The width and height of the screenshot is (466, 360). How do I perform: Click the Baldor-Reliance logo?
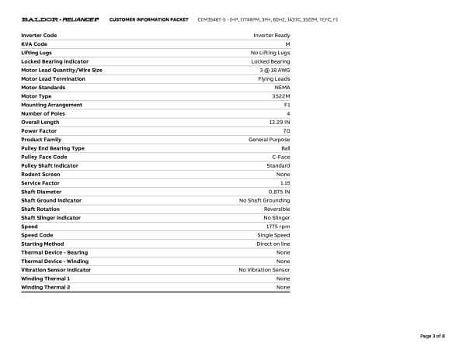(60, 19)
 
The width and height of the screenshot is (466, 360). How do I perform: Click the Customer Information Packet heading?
(149, 19)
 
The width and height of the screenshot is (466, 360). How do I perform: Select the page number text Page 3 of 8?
(432, 336)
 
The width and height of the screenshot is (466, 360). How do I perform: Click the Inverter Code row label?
(39, 36)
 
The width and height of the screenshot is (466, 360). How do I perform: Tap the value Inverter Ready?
(272, 36)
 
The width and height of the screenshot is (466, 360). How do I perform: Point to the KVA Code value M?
(287, 44)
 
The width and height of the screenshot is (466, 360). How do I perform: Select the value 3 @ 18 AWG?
(275, 70)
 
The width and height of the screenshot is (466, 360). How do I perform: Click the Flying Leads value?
(274, 79)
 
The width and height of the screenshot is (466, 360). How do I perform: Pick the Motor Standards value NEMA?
(283, 88)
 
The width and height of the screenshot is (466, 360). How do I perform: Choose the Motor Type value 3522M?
(281, 96)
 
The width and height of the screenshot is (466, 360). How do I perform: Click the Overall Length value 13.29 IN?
(279, 123)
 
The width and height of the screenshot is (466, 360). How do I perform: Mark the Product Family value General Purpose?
(269, 140)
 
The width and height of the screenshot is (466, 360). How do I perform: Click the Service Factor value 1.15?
(285, 183)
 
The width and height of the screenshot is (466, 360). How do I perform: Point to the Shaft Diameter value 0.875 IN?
(279, 192)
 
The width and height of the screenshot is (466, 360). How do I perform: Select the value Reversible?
(276, 209)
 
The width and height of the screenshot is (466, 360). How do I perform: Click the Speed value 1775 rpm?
(278, 227)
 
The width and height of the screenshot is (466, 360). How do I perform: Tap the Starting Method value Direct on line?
(273, 244)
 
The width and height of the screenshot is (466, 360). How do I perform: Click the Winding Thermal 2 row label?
(45, 287)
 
